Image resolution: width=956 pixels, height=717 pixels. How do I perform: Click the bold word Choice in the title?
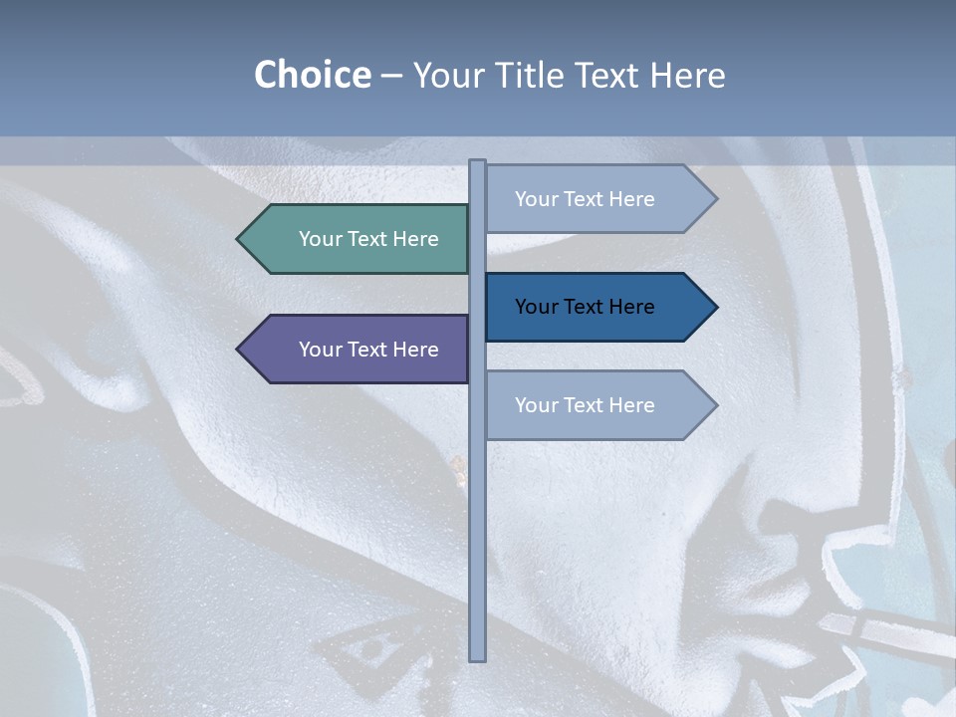(x=312, y=75)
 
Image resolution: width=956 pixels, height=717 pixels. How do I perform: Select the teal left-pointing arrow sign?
(x=358, y=239)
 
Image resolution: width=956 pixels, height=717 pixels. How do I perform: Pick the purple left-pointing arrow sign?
(x=358, y=350)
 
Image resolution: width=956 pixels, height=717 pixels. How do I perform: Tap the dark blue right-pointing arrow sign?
(x=593, y=307)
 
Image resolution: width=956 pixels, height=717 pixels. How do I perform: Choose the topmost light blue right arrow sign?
(x=593, y=199)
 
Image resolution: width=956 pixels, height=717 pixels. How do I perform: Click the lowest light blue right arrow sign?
(x=593, y=405)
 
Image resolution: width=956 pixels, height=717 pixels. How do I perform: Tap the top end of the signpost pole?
(x=478, y=162)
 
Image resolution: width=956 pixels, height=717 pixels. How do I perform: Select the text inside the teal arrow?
(x=368, y=239)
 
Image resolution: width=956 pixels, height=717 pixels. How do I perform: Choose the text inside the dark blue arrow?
(x=585, y=307)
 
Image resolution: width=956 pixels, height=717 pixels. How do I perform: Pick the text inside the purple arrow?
(x=368, y=350)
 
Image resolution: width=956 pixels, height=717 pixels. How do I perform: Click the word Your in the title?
(x=445, y=75)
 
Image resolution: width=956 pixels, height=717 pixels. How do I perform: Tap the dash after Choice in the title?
(x=391, y=77)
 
